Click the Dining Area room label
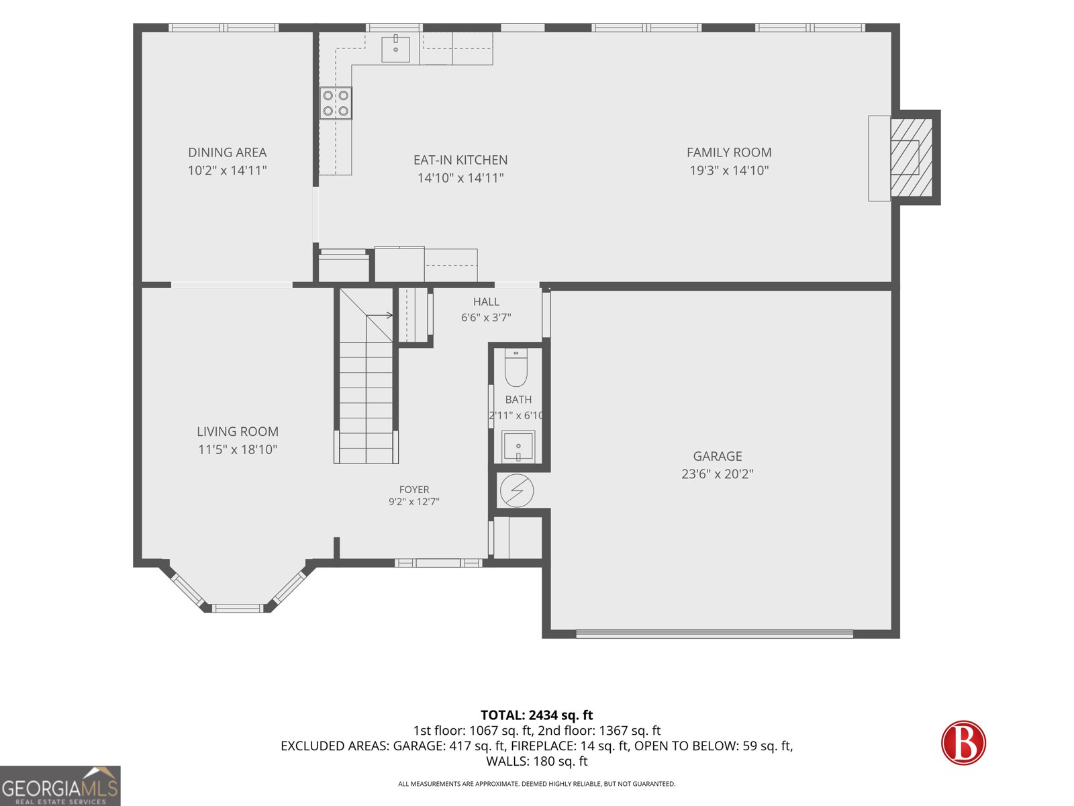click(x=227, y=152)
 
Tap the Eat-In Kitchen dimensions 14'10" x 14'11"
click(x=460, y=178)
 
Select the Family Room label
click(x=729, y=152)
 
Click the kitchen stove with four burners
click(x=336, y=103)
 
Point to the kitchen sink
click(x=395, y=48)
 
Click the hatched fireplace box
click(x=911, y=157)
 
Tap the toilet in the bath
click(x=516, y=367)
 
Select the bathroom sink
click(x=518, y=446)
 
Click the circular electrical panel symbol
click(x=517, y=490)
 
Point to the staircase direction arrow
click(x=379, y=315)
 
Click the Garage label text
click(x=718, y=456)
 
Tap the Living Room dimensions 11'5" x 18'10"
click(x=238, y=450)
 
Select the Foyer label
click(x=414, y=490)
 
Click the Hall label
click(x=486, y=302)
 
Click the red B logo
click(x=963, y=742)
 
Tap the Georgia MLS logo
click(x=60, y=785)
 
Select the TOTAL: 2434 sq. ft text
click(x=537, y=715)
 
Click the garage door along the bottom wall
click(x=714, y=634)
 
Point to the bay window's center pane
click(x=238, y=609)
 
